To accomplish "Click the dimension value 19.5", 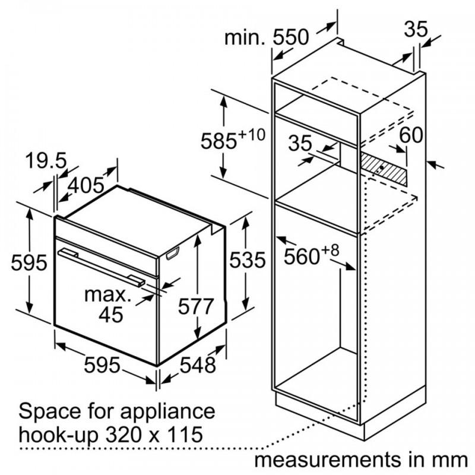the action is click(x=46, y=161).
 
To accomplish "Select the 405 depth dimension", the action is click(x=85, y=185).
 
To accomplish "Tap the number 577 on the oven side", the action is click(x=196, y=306).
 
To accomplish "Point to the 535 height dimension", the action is click(x=248, y=260).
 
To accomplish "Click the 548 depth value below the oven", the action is click(x=198, y=365).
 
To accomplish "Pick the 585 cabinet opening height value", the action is click(x=218, y=141).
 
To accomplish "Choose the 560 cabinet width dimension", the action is click(x=302, y=256).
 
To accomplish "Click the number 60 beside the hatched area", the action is click(x=411, y=135).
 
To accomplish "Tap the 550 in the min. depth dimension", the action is click(x=291, y=37).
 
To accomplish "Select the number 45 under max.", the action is click(x=111, y=315).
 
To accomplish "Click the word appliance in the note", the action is click(x=168, y=412).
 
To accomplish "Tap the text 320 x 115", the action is click(x=154, y=435).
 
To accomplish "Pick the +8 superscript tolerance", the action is click(x=331, y=251).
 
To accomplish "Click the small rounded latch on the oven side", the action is click(x=173, y=254).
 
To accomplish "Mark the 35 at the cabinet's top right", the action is click(x=416, y=29).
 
